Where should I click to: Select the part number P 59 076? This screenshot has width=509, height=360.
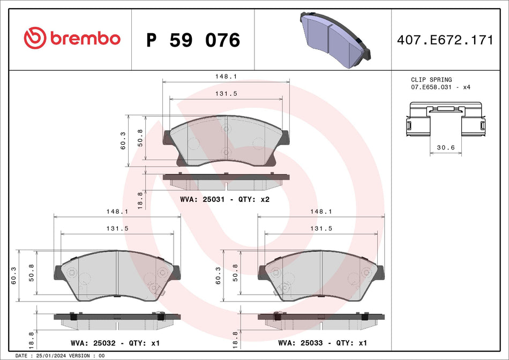193,40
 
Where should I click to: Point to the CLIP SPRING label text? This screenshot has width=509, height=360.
431,79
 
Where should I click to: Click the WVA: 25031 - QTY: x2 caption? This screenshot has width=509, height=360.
225,199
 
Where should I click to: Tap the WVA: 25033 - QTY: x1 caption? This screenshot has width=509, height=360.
321,342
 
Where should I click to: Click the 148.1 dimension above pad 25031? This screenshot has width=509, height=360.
226,77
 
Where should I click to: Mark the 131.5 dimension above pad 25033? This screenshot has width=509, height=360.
321,228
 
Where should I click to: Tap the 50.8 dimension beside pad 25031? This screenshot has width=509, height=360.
140,138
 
